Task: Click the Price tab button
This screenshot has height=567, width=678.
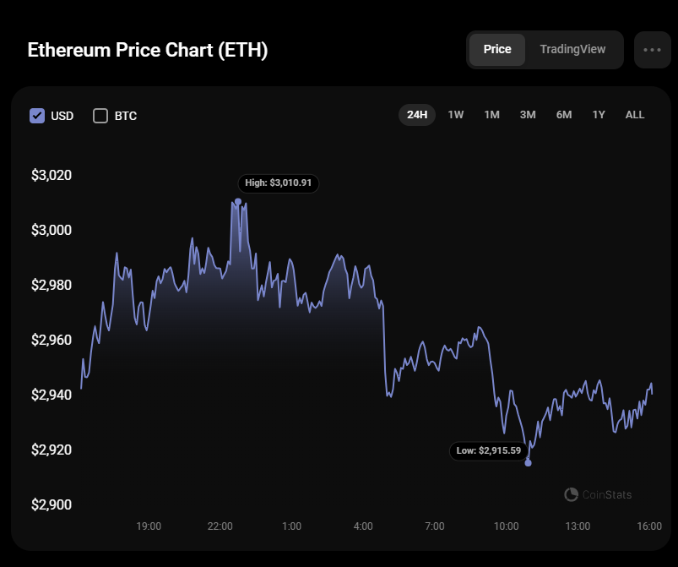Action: point(496,49)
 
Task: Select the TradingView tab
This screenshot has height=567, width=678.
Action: point(572,49)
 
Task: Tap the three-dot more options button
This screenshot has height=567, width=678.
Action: point(652,50)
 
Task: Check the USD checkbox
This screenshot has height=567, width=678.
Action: point(37,116)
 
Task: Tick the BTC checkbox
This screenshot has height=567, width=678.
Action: point(100,116)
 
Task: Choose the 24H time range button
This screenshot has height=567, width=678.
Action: point(417,115)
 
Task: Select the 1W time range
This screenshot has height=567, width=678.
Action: point(456,115)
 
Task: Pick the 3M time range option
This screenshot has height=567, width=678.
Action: point(528,115)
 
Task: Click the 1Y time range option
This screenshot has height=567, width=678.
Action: point(599,115)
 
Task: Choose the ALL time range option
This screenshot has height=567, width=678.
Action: point(635,115)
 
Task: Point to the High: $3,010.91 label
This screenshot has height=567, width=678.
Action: point(279,183)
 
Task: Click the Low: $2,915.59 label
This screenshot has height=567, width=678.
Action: point(489,451)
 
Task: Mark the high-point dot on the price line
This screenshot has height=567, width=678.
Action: point(238,202)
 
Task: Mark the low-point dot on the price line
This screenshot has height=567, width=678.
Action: point(529,462)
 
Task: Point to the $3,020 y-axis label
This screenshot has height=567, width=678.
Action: point(52,176)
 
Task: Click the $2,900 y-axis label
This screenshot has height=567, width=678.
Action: point(52,505)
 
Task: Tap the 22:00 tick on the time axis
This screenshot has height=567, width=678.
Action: point(220,526)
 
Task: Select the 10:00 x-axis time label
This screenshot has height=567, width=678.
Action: point(507,526)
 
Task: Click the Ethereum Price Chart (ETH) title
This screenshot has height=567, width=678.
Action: point(148,50)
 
